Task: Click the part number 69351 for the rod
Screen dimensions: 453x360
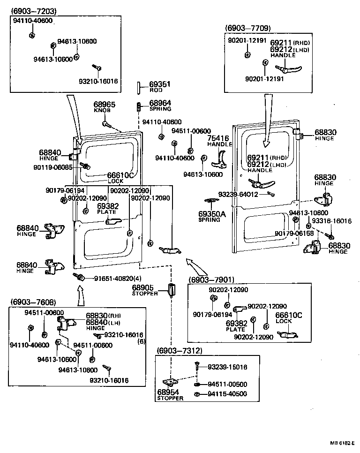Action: coord(159,85)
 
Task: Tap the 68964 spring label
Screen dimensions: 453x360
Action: coord(160,103)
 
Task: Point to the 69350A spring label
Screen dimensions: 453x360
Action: coord(212,214)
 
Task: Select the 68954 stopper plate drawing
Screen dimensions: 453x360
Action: coord(170,382)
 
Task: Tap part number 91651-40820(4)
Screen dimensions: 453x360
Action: coord(111,278)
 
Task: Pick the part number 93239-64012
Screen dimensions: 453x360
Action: coord(238,194)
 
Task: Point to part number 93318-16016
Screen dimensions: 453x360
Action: coord(331,220)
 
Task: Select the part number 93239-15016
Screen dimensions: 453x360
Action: coord(227,367)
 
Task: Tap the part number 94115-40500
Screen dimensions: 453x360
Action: coord(227,394)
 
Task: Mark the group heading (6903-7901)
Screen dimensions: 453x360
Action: coord(211,279)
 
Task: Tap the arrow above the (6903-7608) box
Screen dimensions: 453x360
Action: coord(79,296)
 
